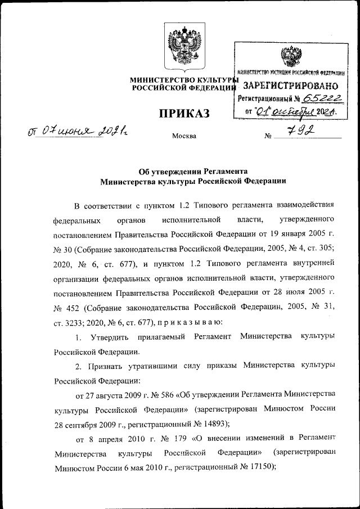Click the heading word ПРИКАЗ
pos(183,114)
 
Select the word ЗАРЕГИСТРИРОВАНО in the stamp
pos(290,86)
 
